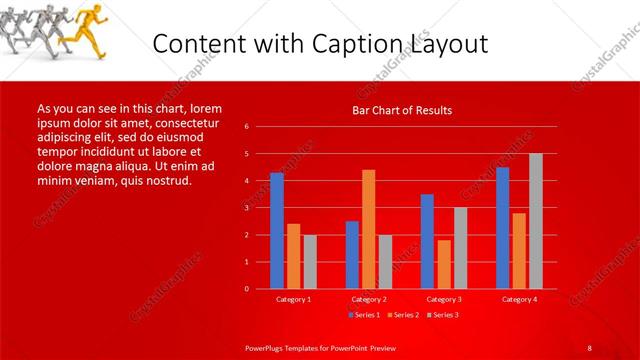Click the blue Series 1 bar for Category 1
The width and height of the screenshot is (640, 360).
[x=277, y=231]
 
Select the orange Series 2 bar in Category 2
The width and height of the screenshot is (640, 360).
[x=369, y=229]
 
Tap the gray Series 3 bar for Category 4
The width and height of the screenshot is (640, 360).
[x=536, y=221]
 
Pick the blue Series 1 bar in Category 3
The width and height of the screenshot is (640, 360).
[x=427, y=241]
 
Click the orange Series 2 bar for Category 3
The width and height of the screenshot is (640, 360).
[x=444, y=264]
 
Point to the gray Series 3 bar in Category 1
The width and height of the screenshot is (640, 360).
[x=310, y=261]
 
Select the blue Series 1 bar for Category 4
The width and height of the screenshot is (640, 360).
[x=502, y=228]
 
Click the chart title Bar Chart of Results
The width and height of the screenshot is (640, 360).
[x=403, y=110]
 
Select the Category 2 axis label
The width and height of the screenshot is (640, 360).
[x=369, y=299]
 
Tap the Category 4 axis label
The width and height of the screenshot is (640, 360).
[x=519, y=299]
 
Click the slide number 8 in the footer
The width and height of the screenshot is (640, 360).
[x=589, y=347]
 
